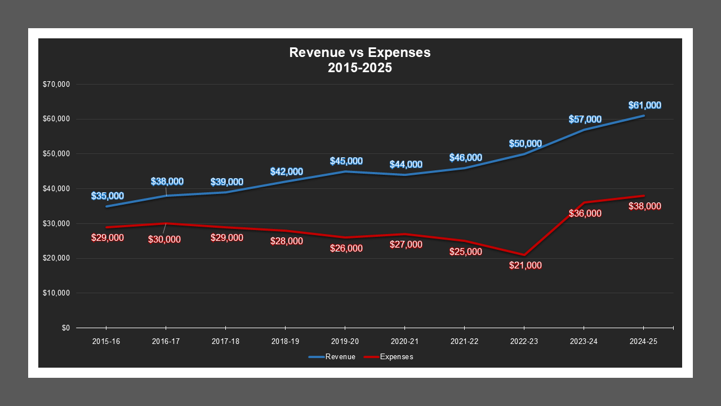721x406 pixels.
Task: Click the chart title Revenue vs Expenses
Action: (x=359, y=52)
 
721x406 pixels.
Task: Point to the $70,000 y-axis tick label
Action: (x=56, y=85)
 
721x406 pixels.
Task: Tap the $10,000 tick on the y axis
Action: (x=56, y=293)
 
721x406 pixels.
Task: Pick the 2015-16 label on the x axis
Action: (x=106, y=342)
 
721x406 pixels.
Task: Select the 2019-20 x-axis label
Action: (x=345, y=342)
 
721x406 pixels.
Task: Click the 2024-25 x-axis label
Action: (x=643, y=342)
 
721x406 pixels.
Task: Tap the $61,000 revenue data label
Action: (x=644, y=105)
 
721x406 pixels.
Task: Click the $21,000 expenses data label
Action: (x=525, y=266)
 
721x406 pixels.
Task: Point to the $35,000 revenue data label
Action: (x=107, y=196)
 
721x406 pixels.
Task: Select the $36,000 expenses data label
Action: (x=585, y=214)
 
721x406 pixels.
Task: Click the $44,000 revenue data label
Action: (x=406, y=165)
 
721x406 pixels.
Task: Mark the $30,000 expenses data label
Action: (x=164, y=239)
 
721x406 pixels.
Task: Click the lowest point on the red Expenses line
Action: (x=524, y=255)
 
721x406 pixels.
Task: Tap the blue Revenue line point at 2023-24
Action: (x=584, y=130)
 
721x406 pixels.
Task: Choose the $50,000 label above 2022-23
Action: (x=525, y=144)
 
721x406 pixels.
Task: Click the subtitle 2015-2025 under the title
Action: (x=359, y=68)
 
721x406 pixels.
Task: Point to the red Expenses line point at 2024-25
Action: (x=643, y=196)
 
